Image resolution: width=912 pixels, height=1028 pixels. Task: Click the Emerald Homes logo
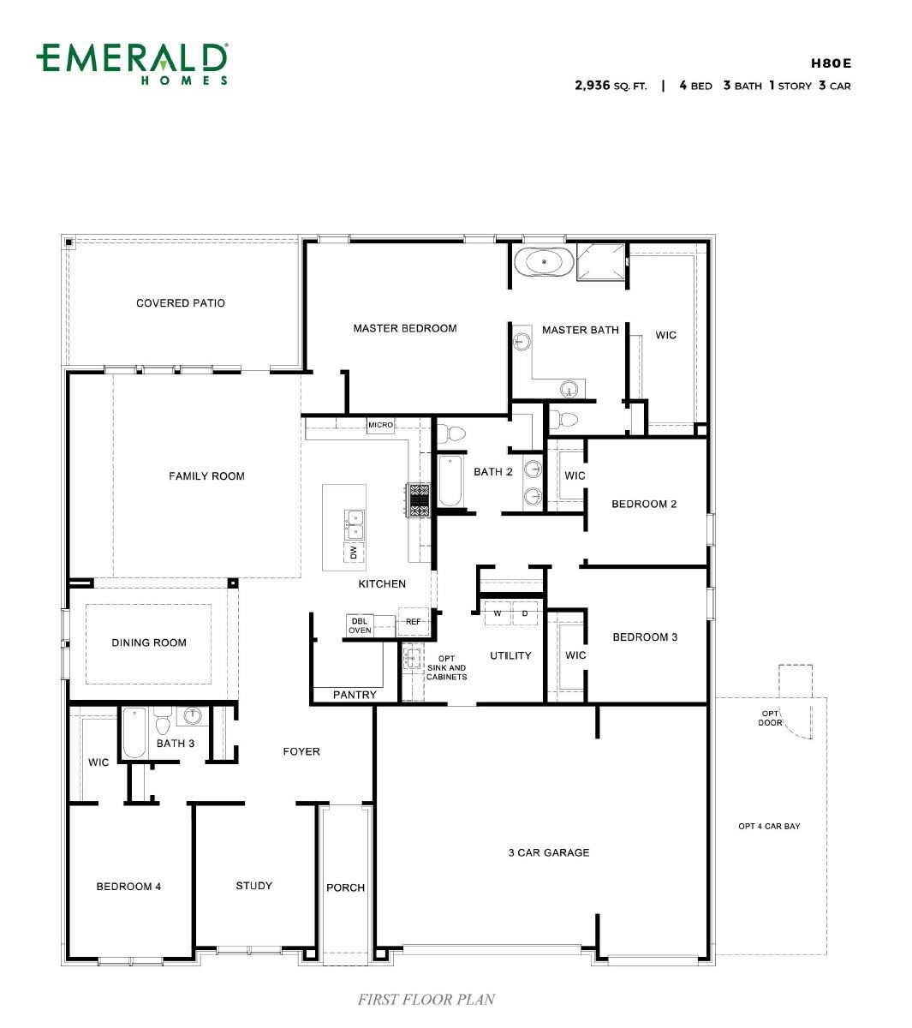132,63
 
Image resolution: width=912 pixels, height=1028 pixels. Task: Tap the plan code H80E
831,63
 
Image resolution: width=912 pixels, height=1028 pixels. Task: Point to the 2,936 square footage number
592,85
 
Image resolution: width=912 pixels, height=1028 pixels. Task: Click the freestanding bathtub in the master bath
544,262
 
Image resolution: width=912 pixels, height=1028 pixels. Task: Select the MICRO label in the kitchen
380,425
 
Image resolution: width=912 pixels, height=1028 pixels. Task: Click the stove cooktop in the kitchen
419,500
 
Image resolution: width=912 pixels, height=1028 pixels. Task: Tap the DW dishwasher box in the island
354,552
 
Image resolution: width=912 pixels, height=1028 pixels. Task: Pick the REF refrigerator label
413,621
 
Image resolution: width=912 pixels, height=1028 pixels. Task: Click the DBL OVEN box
360,625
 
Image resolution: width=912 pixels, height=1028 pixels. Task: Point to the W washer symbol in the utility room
497,613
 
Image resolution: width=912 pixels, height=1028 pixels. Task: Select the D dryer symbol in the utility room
524,613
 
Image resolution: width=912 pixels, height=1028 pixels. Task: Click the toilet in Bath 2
451,434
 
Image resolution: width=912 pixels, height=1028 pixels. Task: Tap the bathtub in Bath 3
134,732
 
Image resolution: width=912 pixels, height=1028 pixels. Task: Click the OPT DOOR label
770,718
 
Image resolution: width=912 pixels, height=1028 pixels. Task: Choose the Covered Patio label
181,303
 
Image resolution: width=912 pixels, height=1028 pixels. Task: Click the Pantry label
355,695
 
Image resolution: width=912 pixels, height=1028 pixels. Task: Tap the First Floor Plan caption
426,999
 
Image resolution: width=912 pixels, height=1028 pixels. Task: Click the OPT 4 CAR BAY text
769,826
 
